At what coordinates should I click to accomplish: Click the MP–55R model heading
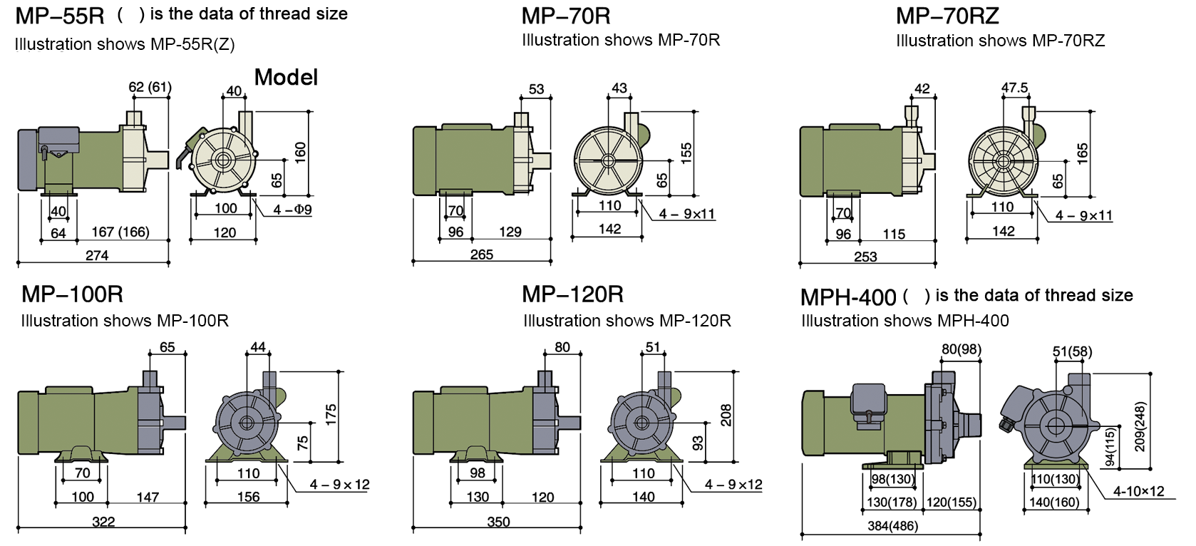click(x=60, y=15)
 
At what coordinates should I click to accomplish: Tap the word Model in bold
click(x=286, y=77)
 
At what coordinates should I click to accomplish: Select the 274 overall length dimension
click(x=97, y=255)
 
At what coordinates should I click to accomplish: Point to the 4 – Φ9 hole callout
click(x=292, y=210)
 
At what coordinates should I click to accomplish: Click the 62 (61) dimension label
click(x=150, y=87)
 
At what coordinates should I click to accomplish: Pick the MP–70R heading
click(x=566, y=15)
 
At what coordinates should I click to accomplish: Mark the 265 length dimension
click(x=482, y=254)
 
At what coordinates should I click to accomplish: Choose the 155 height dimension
click(x=686, y=152)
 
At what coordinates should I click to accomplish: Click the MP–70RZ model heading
click(x=947, y=15)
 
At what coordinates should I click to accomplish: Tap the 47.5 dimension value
click(x=1014, y=88)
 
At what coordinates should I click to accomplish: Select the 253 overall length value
click(x=865, y=257)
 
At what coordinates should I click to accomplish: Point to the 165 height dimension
click(x=1083, y=153)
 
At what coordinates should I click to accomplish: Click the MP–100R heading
click(x=72, y=294)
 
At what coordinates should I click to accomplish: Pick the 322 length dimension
click(x=103, y=522)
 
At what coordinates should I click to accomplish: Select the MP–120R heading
click(x=572, y=294)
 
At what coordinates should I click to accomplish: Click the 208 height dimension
click(x=726, y=415)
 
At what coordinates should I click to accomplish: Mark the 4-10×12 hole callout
click(x=1138, y=491)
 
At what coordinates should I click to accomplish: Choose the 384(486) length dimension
click(x=892, y=526)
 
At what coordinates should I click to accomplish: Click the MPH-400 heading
click(x=848, y=297)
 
